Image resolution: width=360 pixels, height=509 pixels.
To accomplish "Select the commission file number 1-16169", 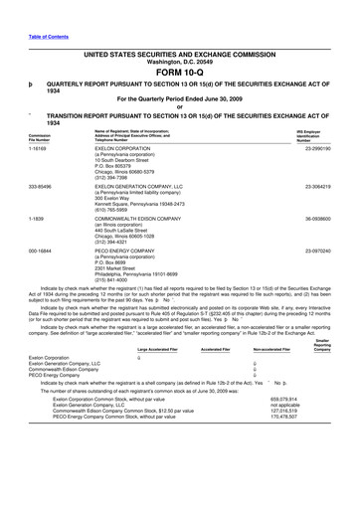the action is point(38,149).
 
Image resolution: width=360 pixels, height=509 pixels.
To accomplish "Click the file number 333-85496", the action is point(41,186).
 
